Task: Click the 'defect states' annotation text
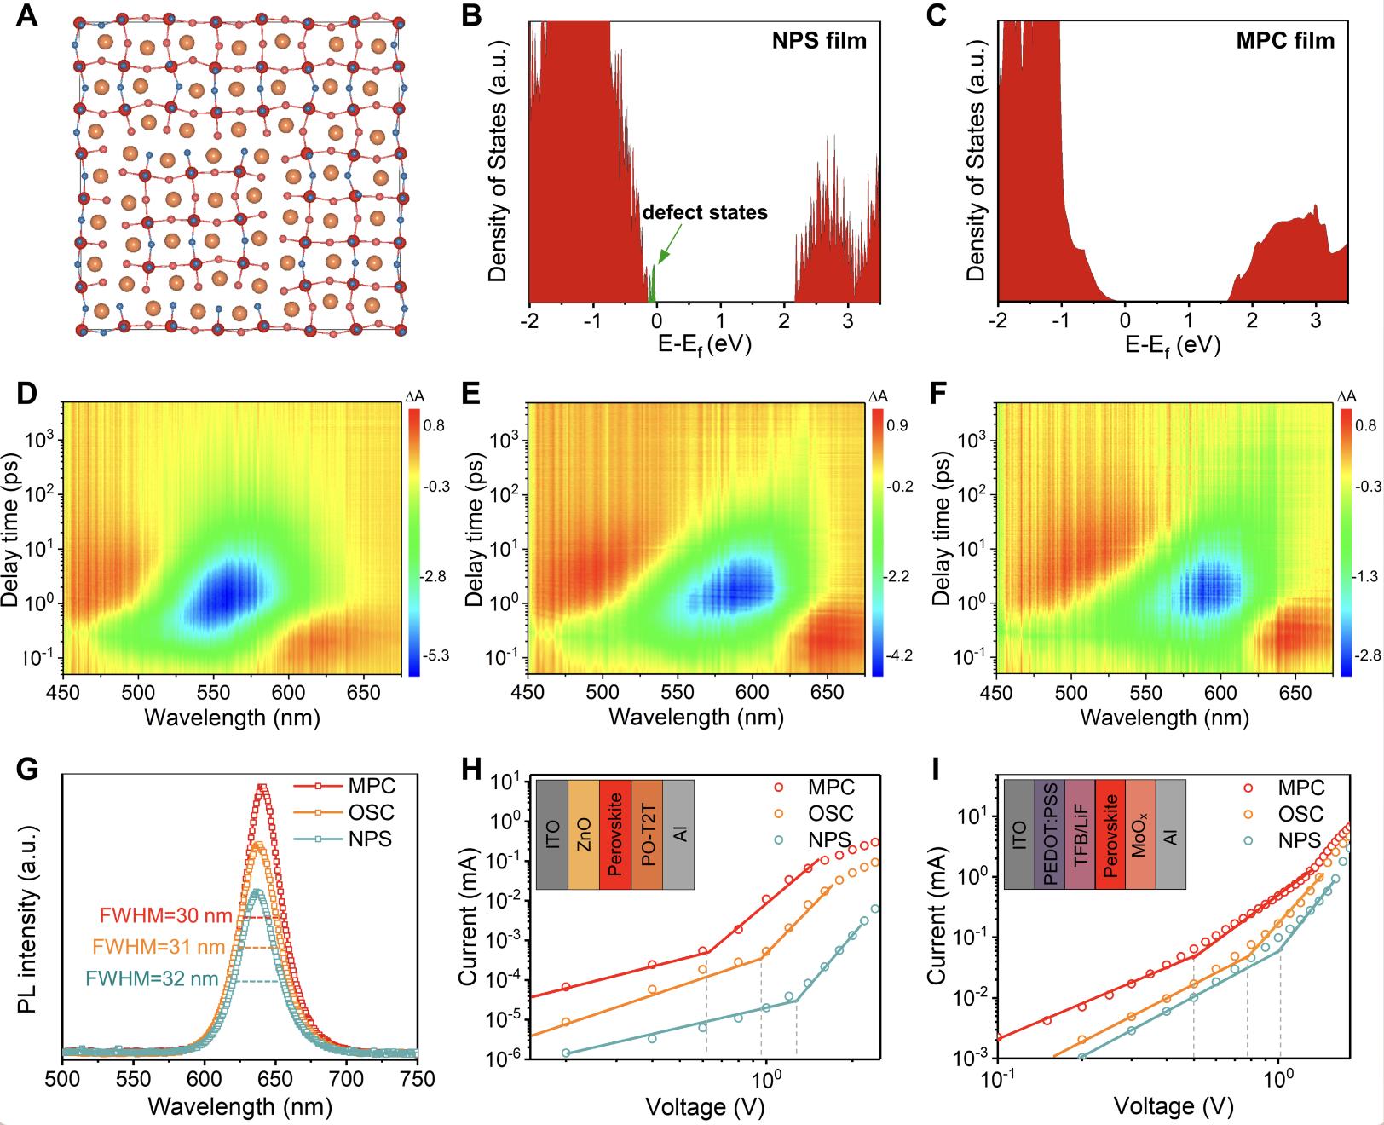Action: point(705,212)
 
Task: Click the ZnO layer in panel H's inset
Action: point(583,834)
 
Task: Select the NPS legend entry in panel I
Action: point(1299,839)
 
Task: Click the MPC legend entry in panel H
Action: point(832,787)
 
